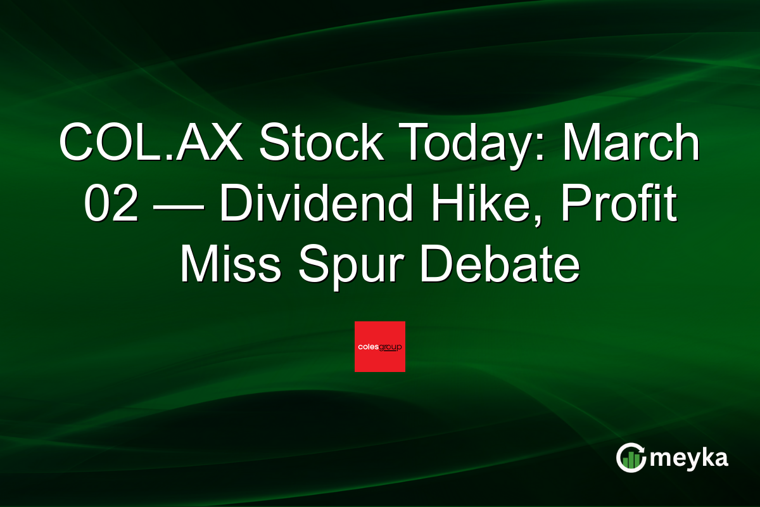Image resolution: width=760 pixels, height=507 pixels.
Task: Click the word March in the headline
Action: pos(633,144)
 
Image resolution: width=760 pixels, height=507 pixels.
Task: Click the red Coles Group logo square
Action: pos(380,347)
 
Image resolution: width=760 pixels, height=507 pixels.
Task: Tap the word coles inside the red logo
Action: pos(369,347)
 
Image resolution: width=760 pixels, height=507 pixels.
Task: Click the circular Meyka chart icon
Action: pos(631,458)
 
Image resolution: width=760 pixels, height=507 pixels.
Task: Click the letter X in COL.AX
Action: pos(229,144)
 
